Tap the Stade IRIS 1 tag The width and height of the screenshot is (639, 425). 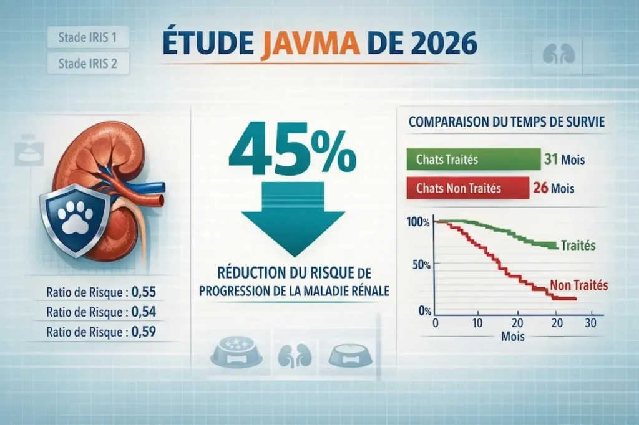click(87, 37)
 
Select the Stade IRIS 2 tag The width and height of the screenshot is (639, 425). click(87, 63)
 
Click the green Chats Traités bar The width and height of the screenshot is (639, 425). click(472, 159)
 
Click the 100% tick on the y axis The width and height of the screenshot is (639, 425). click(417, 222)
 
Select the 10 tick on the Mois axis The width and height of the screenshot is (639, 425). click(477, 323)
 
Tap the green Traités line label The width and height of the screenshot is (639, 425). click(578, 246)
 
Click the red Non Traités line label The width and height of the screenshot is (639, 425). click(579, 286)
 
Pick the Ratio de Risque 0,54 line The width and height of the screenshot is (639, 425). click(101, 312)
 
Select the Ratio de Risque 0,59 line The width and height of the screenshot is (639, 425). click(101, 332)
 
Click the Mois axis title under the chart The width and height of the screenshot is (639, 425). click(512, 337)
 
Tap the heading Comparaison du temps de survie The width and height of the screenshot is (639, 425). click(506, 122)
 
